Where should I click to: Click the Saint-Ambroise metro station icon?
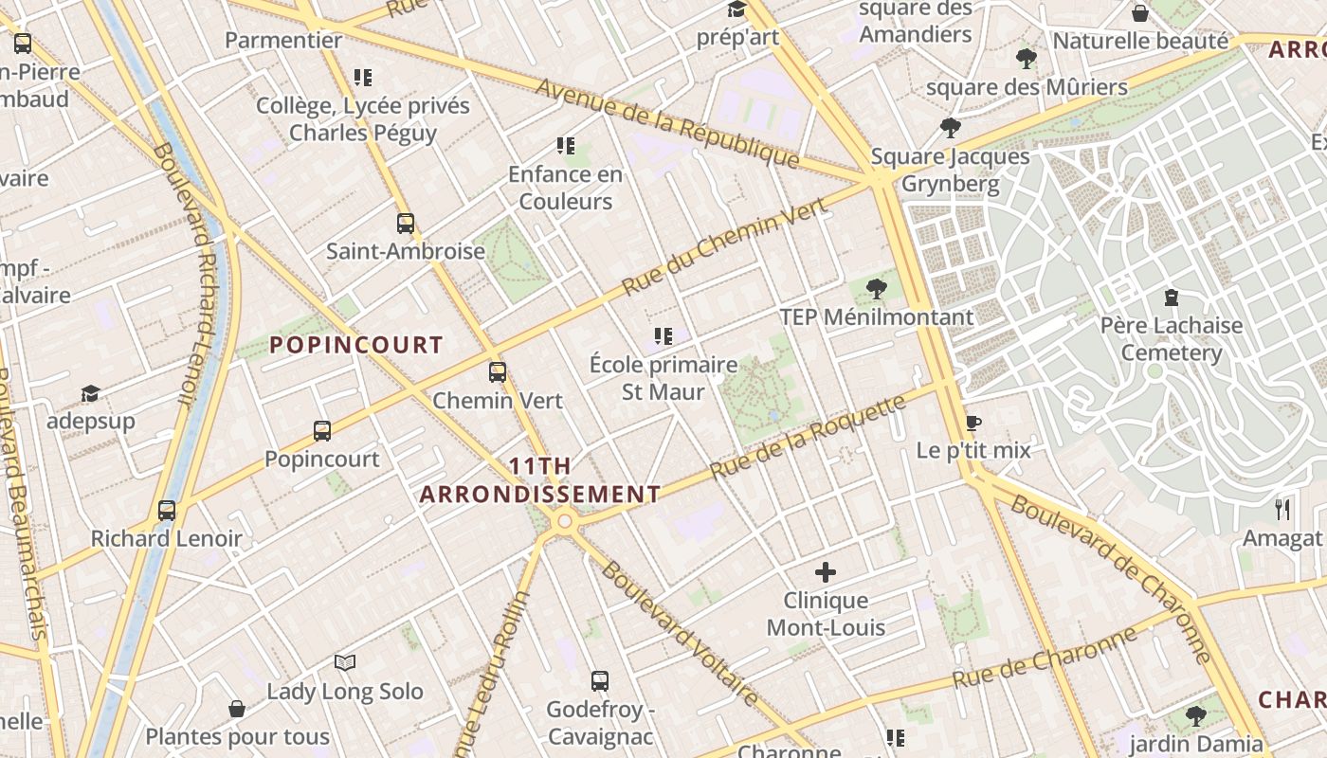click(406, 224)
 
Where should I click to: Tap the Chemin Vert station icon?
click(498, 372)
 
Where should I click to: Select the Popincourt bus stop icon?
click(322, 431)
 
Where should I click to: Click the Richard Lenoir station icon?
click(167, 511)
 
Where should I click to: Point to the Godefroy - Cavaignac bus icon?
click(600, 680)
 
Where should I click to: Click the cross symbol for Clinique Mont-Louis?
click(826, 572)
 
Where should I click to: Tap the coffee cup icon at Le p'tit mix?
click(973, 423)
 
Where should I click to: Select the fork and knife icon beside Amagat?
click(1282, 510)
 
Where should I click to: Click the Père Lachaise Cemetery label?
click(1172, 339)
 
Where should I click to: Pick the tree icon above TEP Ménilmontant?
click(877, 288)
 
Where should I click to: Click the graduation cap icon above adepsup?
click(90, 393)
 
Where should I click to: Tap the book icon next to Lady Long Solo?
click(345, 663)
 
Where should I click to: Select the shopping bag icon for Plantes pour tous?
click(237, 709)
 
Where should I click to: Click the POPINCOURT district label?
click(357, 345)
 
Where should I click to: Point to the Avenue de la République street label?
click(668, 124)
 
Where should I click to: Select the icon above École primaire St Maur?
click(663, 335)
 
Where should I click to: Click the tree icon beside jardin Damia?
click(1196, 715)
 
